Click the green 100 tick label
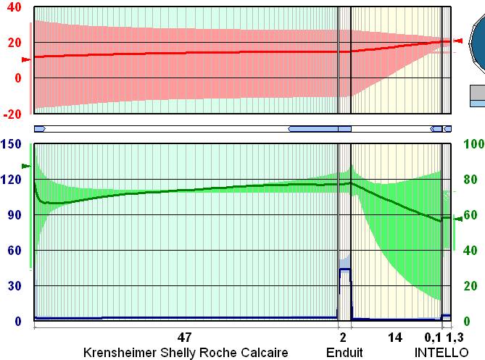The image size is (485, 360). coord(473,144)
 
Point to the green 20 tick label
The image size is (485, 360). coord(470,286)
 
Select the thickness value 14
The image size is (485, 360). coord(394,338)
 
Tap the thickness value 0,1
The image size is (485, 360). coord(433,338)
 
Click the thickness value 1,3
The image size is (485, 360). coord(455,338)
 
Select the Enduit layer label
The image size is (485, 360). coord(344,353)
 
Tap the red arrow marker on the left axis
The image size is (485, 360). coord(26,59)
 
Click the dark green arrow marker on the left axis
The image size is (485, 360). coord(27,166)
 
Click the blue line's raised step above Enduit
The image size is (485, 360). coord(344,269)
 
